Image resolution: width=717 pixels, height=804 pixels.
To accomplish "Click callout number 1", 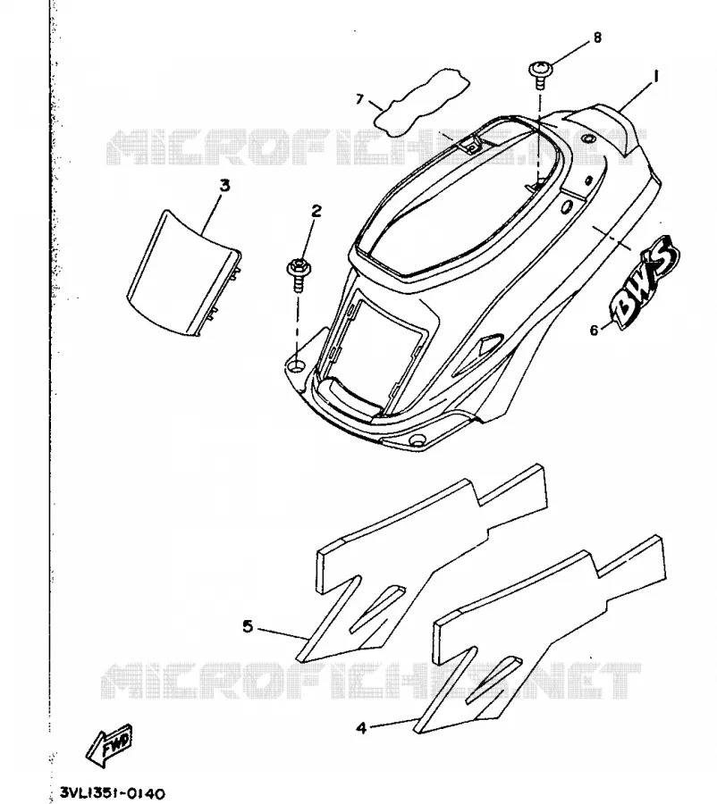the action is tap(655, 77).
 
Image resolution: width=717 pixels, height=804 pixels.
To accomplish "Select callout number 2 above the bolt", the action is tap(316, 210).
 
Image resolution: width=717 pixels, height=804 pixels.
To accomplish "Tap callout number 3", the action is tap(224, 186).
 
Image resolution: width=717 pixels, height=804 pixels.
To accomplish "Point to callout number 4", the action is tap(361, 727).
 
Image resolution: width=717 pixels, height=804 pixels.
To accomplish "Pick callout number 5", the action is tap(248, 626).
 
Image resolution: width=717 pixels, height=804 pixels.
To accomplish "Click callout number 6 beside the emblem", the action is tap(594, 331).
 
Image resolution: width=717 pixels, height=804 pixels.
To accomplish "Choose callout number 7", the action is tap(359, 98).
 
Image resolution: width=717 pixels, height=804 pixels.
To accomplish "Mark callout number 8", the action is tap(597, 37).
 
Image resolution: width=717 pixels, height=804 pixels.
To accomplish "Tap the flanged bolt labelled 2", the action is tap(297, 274).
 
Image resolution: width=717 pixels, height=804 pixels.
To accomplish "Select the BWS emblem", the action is tap(644, 283).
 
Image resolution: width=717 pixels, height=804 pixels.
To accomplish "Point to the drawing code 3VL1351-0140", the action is tap(113, 793).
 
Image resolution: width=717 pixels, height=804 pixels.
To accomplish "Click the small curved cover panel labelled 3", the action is tap(184, 272).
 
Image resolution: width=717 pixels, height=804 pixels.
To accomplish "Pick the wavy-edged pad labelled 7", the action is tap(421, 102).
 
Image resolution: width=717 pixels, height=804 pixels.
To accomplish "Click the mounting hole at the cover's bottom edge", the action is tap(417, 440).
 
